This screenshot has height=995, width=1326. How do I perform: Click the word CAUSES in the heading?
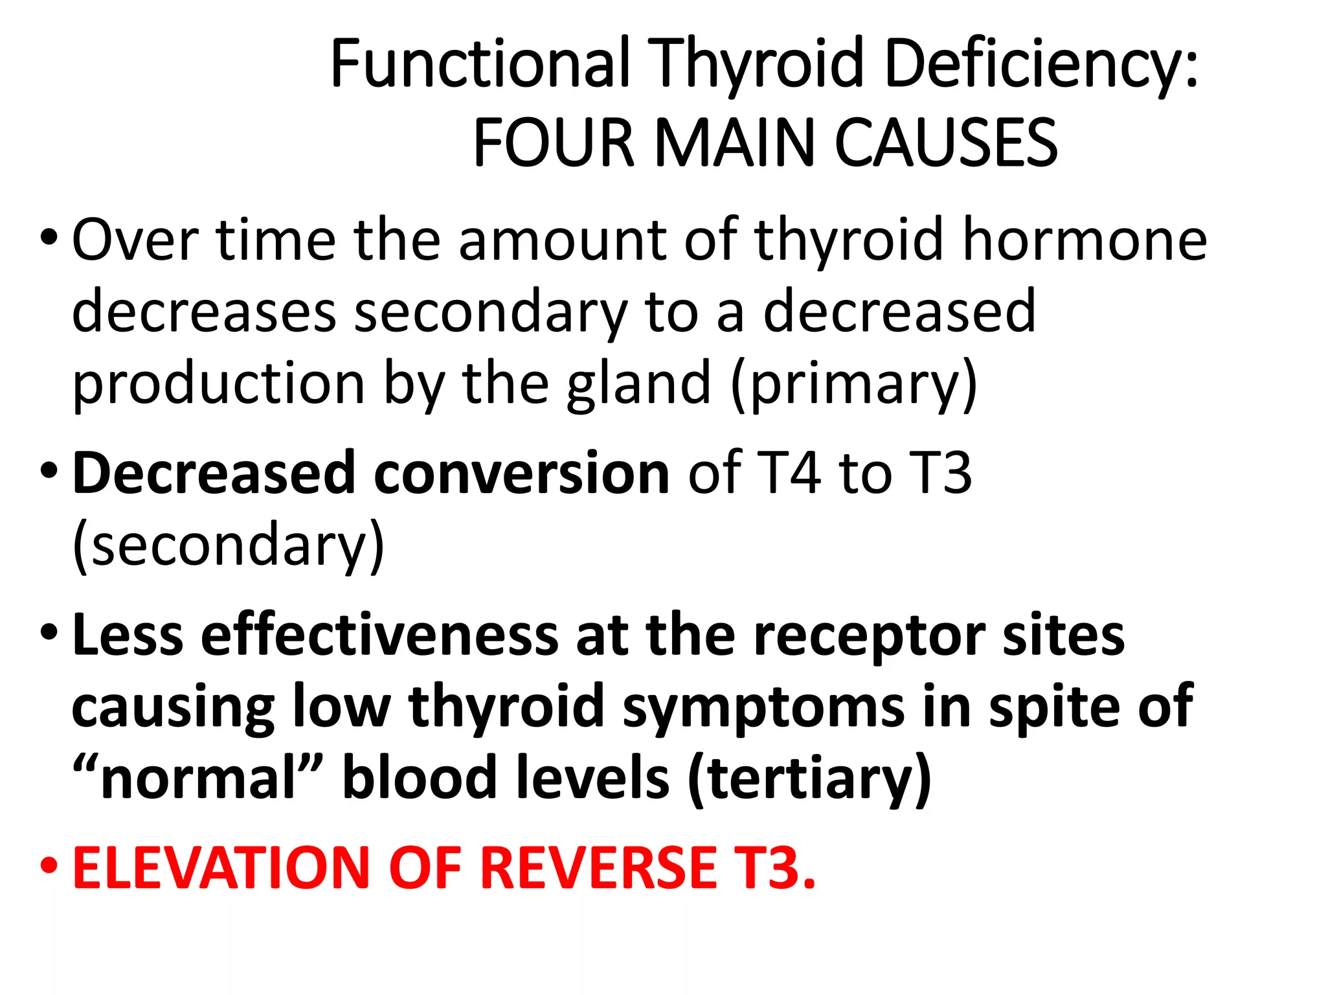click(946, 143)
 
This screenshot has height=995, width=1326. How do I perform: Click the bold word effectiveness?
click(379, 635)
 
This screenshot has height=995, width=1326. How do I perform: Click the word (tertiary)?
click(809, 779)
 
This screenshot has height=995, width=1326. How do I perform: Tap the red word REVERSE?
click(599, 868)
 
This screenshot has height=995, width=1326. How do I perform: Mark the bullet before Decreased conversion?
click(49, 472)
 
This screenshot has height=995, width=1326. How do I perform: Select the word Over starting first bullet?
click(135, 240)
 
